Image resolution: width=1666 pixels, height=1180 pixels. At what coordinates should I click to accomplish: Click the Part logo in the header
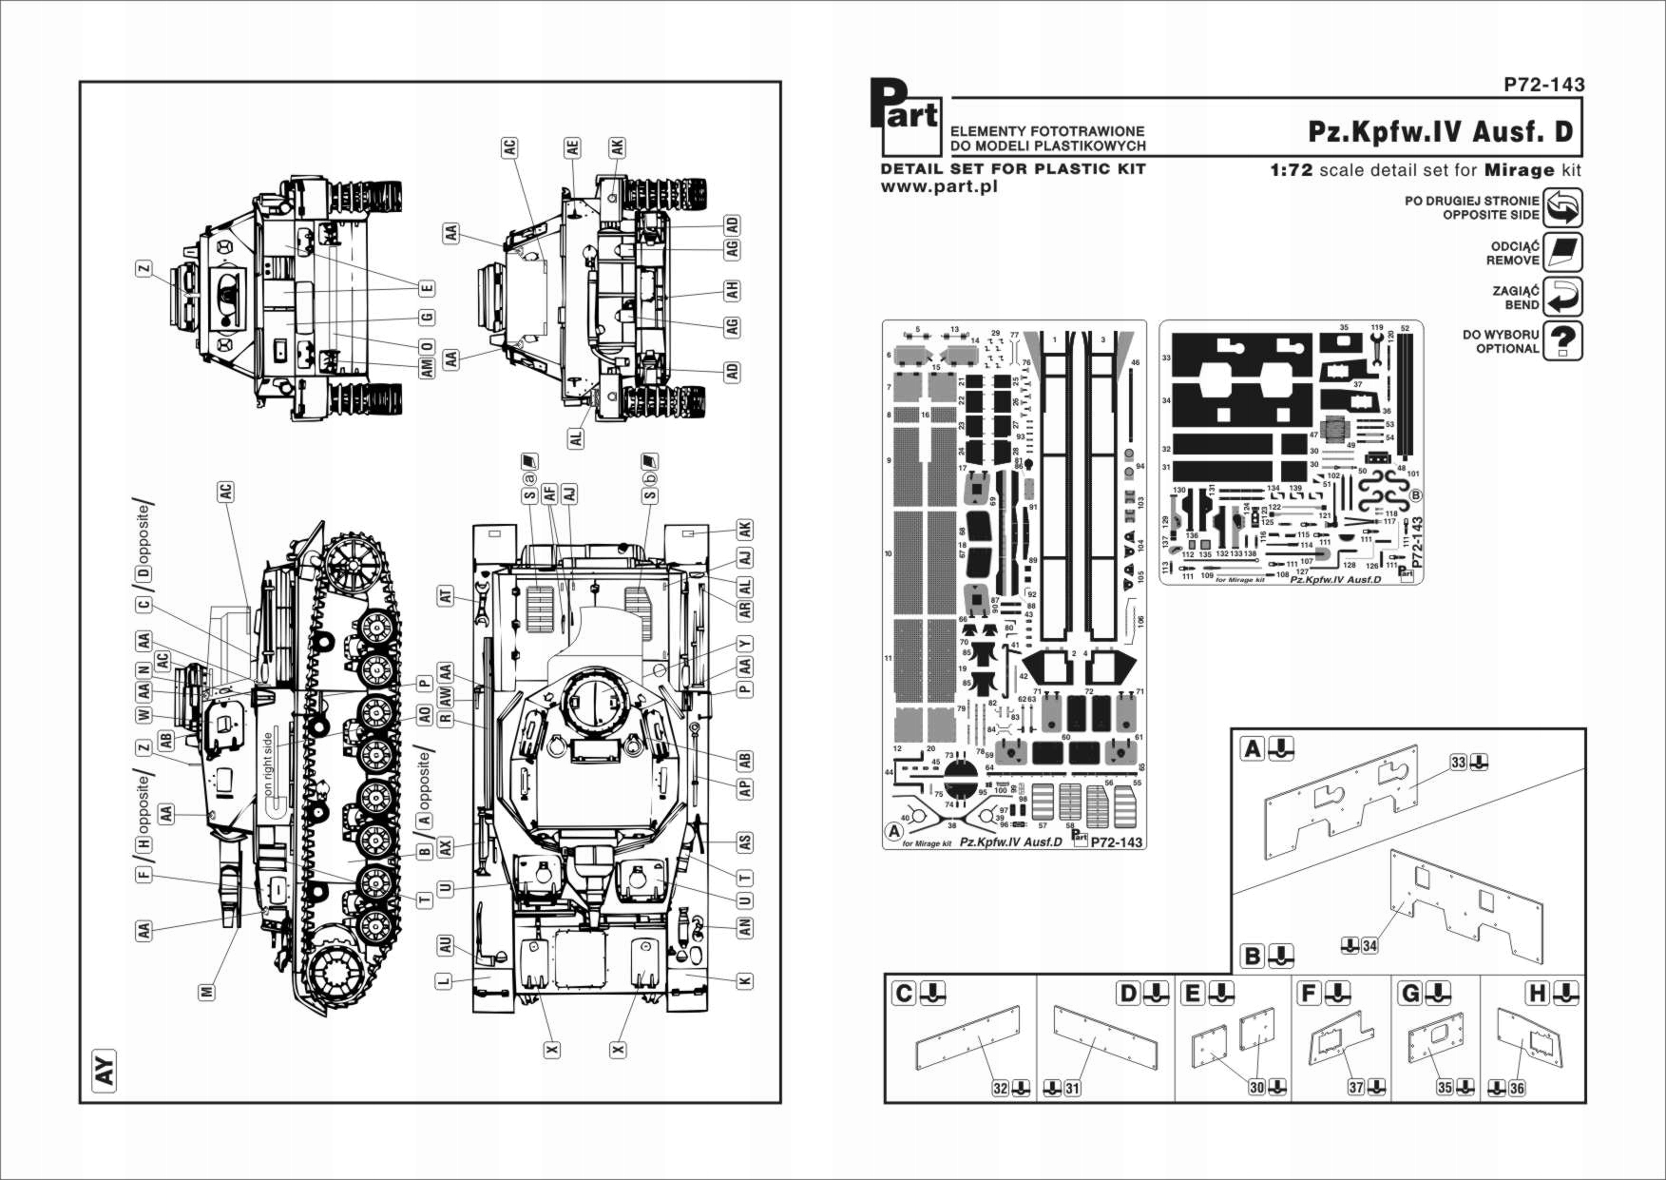[906, 116]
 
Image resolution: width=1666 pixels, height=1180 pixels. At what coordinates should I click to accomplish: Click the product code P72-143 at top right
[1543, 85]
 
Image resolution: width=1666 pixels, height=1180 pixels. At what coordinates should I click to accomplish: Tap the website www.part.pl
[939, 186]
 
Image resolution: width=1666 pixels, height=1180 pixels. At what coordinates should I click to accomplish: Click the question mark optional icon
[1562, 340]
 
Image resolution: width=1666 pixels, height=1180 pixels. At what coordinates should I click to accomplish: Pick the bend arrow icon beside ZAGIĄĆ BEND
[1562, 297]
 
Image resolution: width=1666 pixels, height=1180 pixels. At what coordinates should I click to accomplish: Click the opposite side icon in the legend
[1562, 207]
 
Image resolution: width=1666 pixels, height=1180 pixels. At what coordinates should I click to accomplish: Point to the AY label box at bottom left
[104, 1067]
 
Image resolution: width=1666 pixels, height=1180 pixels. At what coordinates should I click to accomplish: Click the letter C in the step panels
[904, 994]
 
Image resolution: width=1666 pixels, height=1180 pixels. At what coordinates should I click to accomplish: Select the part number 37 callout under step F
[1356, 1087]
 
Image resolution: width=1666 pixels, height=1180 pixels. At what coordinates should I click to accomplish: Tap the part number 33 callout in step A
[1459, 762]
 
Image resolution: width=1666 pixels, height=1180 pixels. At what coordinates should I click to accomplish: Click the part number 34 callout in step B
[1369, 945]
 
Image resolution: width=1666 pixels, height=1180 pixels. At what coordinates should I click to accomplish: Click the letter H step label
[1537, 994]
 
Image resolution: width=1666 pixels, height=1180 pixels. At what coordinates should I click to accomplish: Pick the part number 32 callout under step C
[1000, 1087]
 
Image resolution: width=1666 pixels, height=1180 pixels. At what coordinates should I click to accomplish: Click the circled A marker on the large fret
[894, 831]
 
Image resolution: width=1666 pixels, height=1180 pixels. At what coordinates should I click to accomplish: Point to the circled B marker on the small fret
[1416, 495]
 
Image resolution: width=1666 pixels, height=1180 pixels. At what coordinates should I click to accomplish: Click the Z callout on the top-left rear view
[144, 270]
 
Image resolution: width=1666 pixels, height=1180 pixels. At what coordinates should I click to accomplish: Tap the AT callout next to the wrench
[446, 596]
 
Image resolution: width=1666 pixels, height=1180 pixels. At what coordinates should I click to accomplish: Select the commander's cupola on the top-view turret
[595, 704]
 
